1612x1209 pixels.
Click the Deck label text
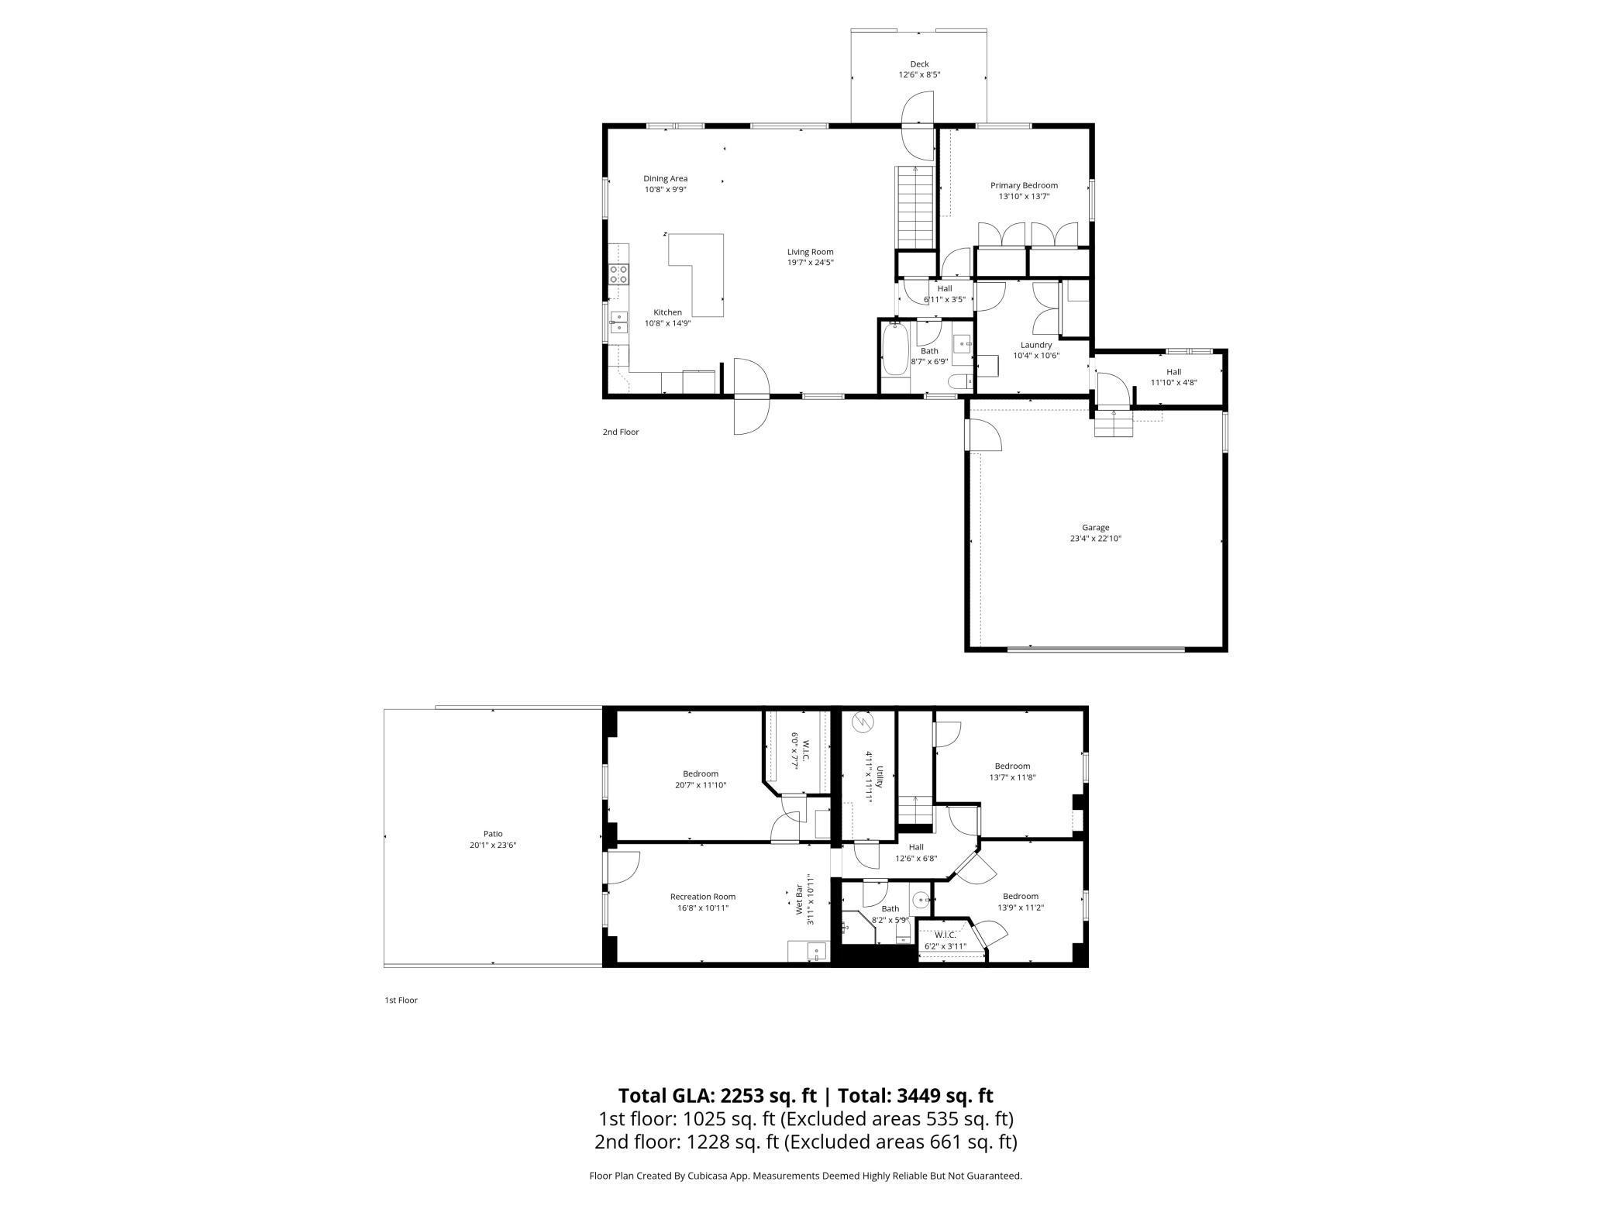tap(919, 64)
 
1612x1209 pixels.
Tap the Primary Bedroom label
tap(1024, 185)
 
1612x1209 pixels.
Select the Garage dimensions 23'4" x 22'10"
tap(1095, 539)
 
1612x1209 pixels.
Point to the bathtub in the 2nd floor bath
tap(894, 360)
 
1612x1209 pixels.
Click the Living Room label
tap(810, 252)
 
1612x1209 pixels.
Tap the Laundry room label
tap(1036, 345)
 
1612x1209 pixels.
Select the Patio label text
tap(493, 834)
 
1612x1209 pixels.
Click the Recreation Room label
tap(702, 897)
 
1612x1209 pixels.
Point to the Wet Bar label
tap(799, 900)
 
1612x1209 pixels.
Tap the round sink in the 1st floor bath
tap(920, 901)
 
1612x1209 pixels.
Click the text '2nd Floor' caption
tap(621, 432)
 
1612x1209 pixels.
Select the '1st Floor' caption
tap(401, 1001)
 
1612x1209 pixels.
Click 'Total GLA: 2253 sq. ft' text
tap(717, 1095)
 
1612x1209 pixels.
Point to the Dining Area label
tap(665, 179)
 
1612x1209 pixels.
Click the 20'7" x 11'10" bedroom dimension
tap(701, 785)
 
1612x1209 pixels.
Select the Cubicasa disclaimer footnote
tap(805, 1176)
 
